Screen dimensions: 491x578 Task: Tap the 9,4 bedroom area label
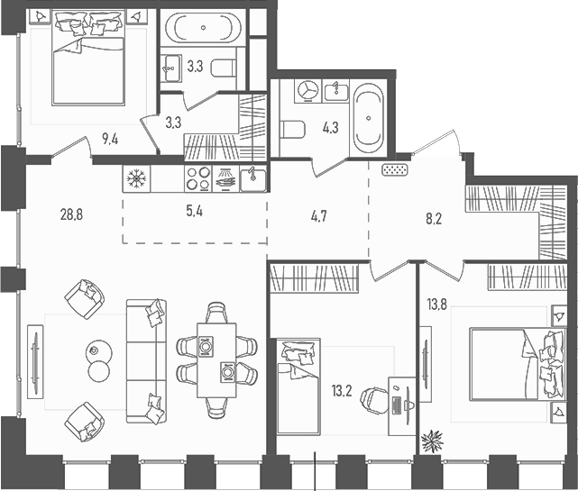(110, 138)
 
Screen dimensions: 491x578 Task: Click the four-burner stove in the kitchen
(198, 178)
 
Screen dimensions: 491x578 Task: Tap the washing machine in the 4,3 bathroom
(307, 91)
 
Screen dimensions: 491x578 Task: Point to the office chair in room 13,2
(372, 397)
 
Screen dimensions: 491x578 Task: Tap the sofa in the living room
(147, 360)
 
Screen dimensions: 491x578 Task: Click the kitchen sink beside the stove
(253, 177)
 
